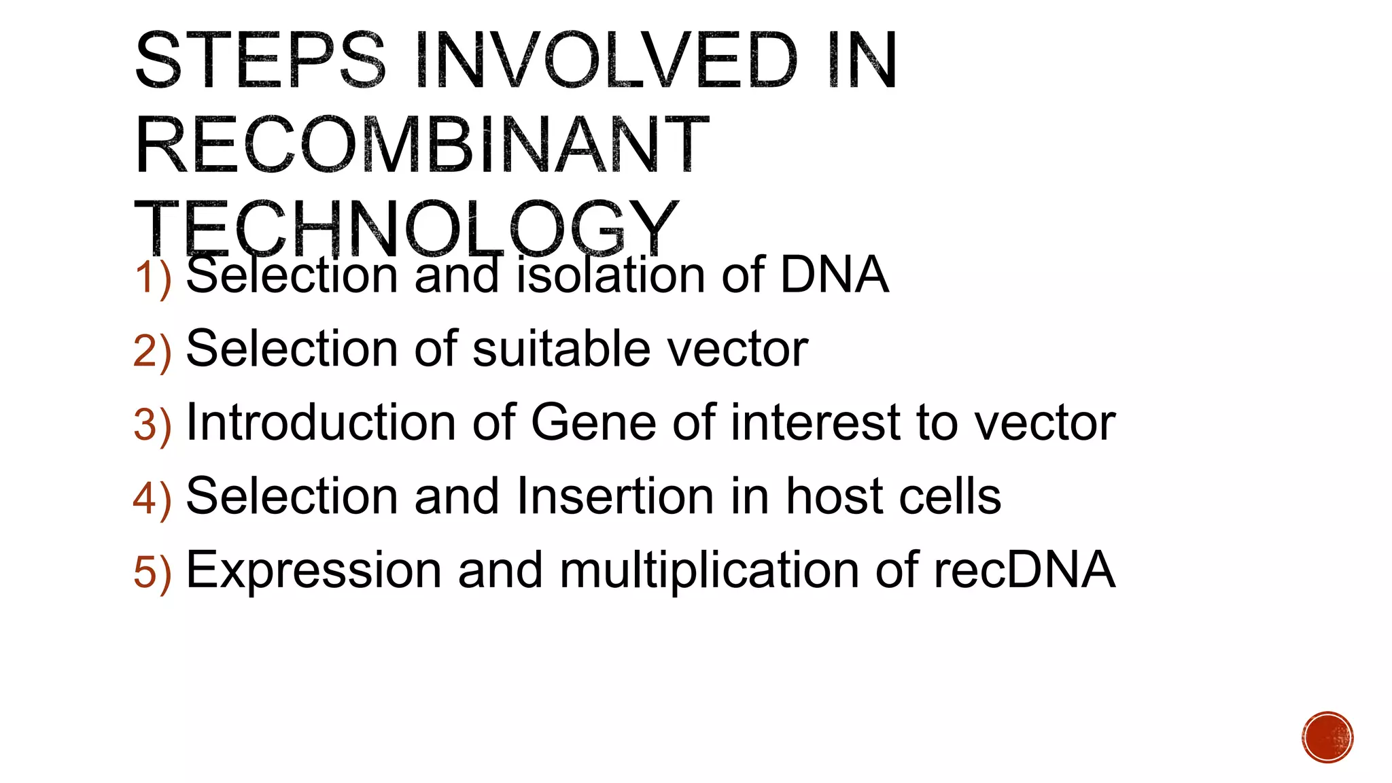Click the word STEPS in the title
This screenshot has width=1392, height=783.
[x=260, y=61]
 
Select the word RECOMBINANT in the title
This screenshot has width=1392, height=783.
[x=421, y=145]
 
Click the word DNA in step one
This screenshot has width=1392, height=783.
[x=834, y=275]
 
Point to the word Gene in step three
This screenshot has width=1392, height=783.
[x=593, y=422]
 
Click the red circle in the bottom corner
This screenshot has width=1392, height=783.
[x=1327, y=737]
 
